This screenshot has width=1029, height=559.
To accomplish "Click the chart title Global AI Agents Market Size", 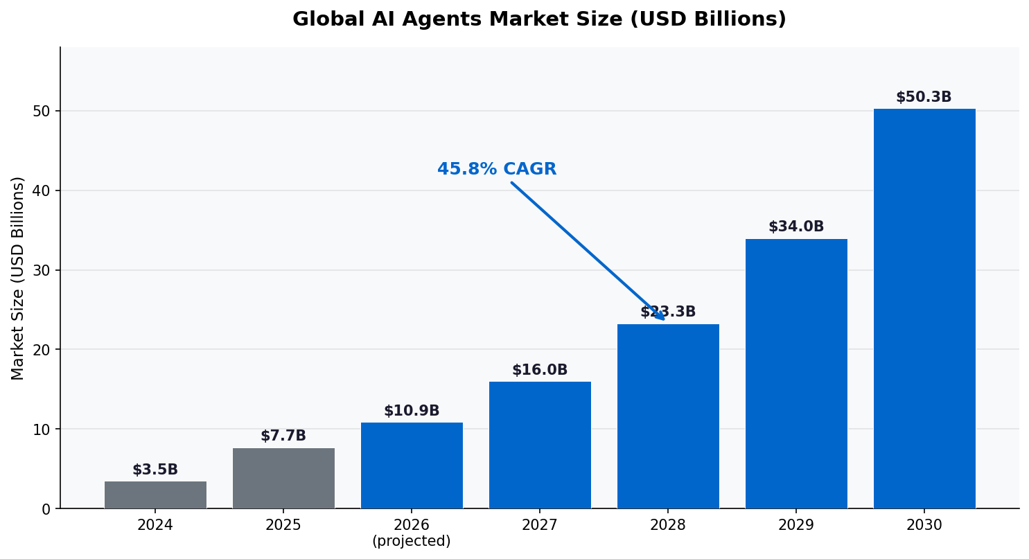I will (x=539, y=19).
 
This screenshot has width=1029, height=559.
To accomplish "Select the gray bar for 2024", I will (x=155, y=495).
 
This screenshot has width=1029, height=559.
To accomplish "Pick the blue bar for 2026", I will (x=412, y=465).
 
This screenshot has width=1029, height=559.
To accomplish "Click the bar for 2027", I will (x=540, y=445).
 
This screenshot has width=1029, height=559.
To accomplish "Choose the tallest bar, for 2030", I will (x=924, y=308).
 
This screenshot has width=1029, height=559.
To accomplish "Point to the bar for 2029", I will (x=796, y=373).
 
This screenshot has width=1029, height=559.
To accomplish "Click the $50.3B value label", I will (x=924, y=98).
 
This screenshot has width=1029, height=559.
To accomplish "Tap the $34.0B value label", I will (x=796, y=227).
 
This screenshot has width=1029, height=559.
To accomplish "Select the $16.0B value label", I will (x=540, y=371).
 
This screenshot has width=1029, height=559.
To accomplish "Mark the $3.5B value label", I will (x=155, y=470).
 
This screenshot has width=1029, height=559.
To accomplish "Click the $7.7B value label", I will (x=283, y=436).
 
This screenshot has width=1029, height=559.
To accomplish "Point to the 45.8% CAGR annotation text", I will (x=497, y=170).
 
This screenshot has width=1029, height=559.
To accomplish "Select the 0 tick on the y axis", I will (x=46, y=509).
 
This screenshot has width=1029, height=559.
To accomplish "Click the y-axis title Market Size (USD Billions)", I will (x=18, y=278).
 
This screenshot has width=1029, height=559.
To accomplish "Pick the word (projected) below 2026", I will (x=412, y=542).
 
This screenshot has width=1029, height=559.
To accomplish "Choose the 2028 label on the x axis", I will (x=668, y=526).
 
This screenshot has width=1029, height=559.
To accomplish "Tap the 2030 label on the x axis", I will (x=924, y=526).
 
